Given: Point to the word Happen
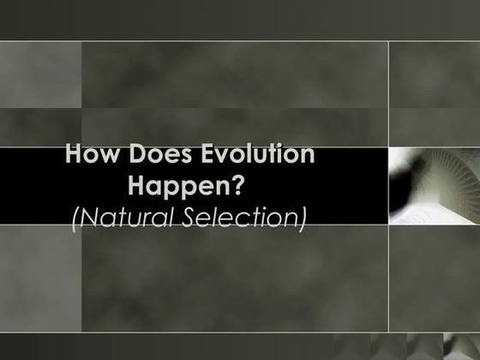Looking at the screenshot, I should (178, 185).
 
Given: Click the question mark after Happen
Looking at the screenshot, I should (240, 185).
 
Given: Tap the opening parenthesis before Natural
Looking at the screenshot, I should (76, 216).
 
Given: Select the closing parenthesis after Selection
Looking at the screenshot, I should (302, 216).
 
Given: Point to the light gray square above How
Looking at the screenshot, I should (40, 75).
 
